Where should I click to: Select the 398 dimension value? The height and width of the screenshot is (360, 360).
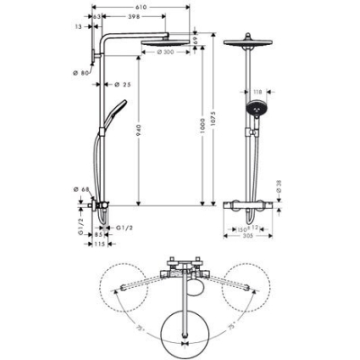133,17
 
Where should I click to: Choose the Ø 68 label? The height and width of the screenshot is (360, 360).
85,189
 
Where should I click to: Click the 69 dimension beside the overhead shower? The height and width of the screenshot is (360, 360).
193,40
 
